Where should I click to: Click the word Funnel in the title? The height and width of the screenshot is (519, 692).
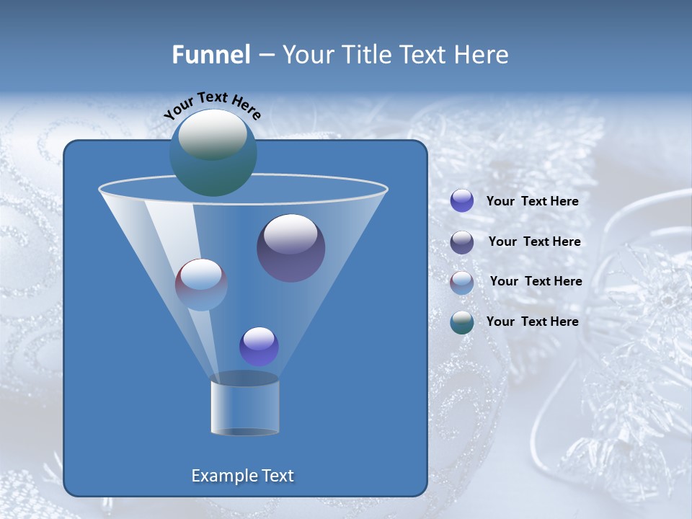211,55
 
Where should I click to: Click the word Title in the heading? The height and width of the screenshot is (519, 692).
366,55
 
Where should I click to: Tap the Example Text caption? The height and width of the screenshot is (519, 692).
243,476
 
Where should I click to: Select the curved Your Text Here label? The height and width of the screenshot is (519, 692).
213,105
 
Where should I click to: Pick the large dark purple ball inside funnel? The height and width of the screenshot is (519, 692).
291,248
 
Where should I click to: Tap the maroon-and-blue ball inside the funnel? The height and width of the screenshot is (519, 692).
201,285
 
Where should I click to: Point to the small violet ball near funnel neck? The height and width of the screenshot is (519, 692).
259,347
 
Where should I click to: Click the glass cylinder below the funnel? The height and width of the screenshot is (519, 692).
244,407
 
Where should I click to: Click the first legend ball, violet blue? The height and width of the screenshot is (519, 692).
462,201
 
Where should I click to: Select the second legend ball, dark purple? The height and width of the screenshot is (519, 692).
462,242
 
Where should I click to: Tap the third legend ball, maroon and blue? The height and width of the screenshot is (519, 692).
462,283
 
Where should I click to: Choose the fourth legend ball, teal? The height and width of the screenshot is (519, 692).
462,322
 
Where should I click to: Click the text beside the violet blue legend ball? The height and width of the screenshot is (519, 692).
532,202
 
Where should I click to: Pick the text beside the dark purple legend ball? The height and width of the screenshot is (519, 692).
534,242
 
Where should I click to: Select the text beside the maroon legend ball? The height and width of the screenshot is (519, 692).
536,282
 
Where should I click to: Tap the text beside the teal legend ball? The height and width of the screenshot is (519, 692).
532,321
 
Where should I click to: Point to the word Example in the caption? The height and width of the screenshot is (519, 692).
219,476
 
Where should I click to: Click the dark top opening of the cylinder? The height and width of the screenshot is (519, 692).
244,378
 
